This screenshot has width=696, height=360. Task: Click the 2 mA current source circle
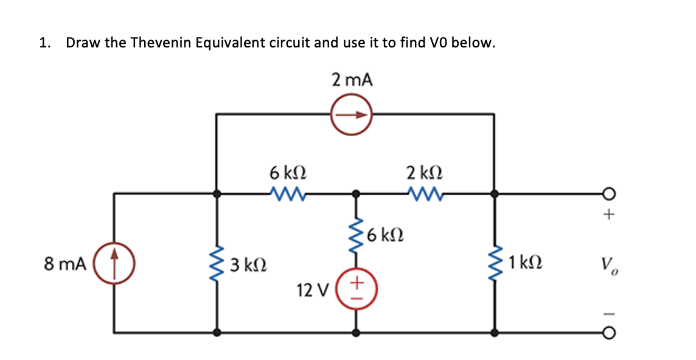point(351,114)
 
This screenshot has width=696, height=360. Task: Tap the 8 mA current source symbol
point(114,264)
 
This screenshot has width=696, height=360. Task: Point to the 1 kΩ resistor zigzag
point(496,263)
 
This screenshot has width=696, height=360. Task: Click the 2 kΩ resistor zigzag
point(424,194)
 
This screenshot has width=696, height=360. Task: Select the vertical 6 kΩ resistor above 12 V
point(357,234)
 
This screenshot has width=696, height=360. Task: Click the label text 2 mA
point(351,80)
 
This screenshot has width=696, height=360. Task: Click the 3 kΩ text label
point(247,265)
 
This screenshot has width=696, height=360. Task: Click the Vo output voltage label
point(609,265)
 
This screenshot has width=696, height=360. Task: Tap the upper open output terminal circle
point(610,194)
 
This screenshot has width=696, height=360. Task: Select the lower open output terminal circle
point(610,333)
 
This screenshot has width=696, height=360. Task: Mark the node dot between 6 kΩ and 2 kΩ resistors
point(357,194)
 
